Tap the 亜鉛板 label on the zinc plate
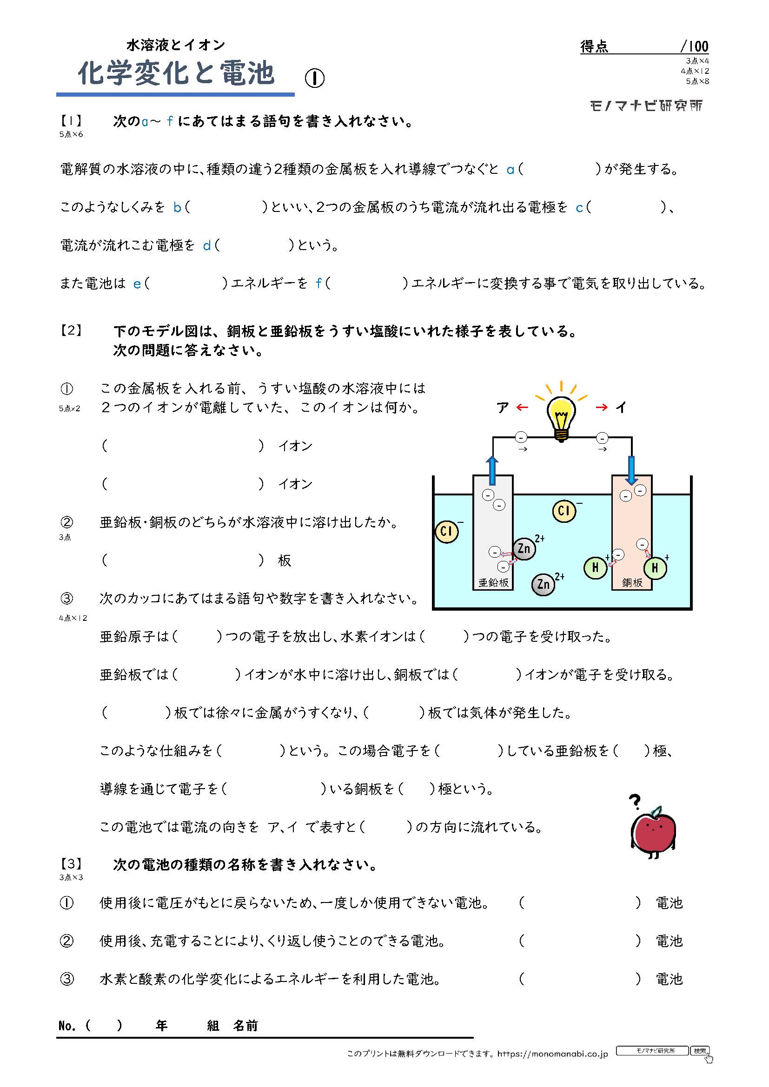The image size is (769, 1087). click(493, 583)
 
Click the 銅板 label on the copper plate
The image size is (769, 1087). click(632, 583)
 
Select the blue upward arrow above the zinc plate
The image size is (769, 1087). click(492, 470)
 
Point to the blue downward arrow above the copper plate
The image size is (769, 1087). click(631, 470)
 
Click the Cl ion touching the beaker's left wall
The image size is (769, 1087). click(446, 531)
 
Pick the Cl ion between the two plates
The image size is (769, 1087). click(564, 511)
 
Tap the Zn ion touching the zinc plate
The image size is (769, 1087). click(524, 549)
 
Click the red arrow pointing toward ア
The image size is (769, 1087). click(522, 407)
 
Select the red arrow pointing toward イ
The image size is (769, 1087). click(601, 407)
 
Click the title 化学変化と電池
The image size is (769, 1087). click(176, 73)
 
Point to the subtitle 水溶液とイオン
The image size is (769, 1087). click(176, 45)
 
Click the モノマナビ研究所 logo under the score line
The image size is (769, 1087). click(646, 105)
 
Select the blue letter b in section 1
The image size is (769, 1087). click(177, 207)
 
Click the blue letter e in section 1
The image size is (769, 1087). click(137, 283)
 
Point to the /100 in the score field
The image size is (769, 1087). click(694, 46)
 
